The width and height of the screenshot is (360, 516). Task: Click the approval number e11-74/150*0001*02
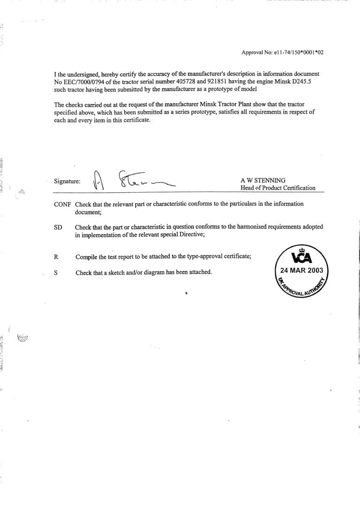tap(295, 53)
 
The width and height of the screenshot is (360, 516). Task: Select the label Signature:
tap(67, 181)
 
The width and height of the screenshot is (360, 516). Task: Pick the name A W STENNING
tap(262, 181)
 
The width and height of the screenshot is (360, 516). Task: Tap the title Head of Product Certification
tap(277, 188)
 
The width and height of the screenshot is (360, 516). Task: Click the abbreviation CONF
tap(63, 204)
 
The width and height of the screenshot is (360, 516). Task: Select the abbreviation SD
tap(58, 227)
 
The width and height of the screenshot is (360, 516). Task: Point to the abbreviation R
tap(56, 257)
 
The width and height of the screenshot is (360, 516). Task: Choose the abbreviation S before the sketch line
tap(56, 272)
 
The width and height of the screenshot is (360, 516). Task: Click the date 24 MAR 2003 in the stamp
tap(301, 271)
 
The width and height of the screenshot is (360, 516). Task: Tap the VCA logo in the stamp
tap(302, 258)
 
